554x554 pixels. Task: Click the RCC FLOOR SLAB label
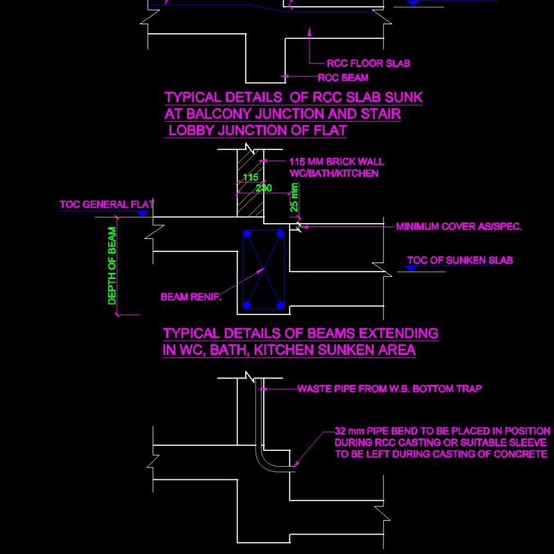[x=368, y=64]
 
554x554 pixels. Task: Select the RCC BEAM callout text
[x=343, y=78]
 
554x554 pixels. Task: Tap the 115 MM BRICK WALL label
[x=337, y=162]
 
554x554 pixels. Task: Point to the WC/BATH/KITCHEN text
[x=334, y=173]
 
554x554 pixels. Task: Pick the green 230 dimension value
[x=264, y=188]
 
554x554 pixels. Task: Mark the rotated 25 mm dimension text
[x=294, y=197]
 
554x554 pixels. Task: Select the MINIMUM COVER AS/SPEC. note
[x=458, y=226]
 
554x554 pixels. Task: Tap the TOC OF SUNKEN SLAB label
[x=460, y=261]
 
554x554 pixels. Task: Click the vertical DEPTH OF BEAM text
[x=112, y=266]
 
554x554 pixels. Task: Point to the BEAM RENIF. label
[x=191, y=297]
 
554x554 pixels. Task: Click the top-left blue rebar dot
[x=247, y=235]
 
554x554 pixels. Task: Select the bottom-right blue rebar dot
[x=280, y=305]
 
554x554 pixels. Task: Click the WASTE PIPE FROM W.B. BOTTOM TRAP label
[x=389, y=389]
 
